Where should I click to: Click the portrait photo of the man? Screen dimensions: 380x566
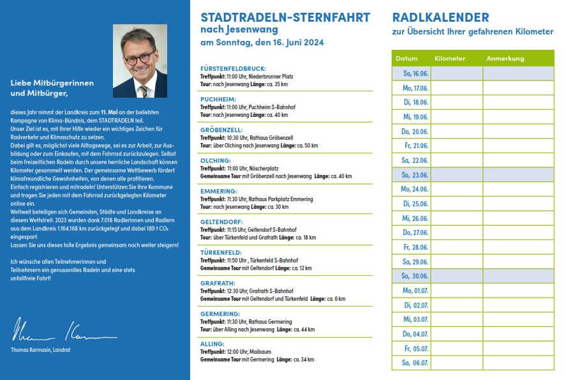(x=140, y=61)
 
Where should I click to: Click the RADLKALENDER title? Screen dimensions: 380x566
(x=440, y=17)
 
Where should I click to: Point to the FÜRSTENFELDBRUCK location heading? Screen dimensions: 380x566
(x=233, y=68)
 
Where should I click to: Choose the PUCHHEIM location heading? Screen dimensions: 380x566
(x=218, y=100)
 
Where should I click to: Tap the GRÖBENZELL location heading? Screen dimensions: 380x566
(x=221, y=130)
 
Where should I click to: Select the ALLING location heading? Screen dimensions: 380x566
(x=212, y=344)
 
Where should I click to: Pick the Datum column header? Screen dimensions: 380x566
(x=406, y=59)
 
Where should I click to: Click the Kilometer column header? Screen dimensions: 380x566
(x=450, y=59)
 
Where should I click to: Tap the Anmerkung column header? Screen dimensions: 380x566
(x=505, y=59)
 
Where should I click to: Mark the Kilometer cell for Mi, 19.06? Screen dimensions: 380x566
(x=457, y=117)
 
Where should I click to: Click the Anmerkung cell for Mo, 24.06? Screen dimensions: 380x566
(x=518, y=189)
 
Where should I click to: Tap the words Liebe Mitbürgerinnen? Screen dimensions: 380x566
(x=52, y=83)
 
